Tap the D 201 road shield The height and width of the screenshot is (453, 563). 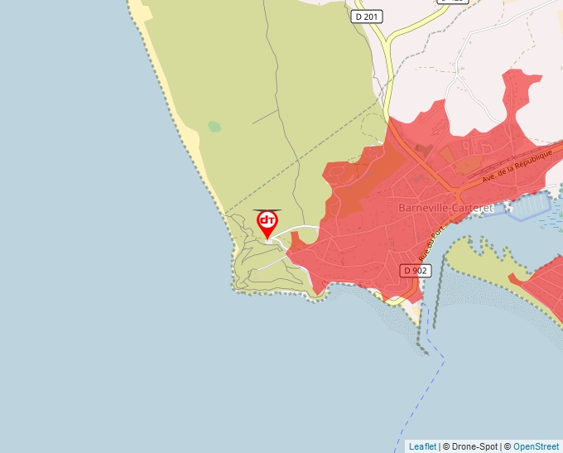tap(367, 17)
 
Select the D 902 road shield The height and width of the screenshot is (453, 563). tap(416, 271)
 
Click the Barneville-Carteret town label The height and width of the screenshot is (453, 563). tap(445, 207)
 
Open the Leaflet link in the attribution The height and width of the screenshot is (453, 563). tap(422, 446)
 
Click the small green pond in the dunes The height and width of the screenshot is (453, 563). tap(214, 127)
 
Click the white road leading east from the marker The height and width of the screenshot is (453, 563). tap(302, 227)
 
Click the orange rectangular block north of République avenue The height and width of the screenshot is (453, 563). tap(448, 154)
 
